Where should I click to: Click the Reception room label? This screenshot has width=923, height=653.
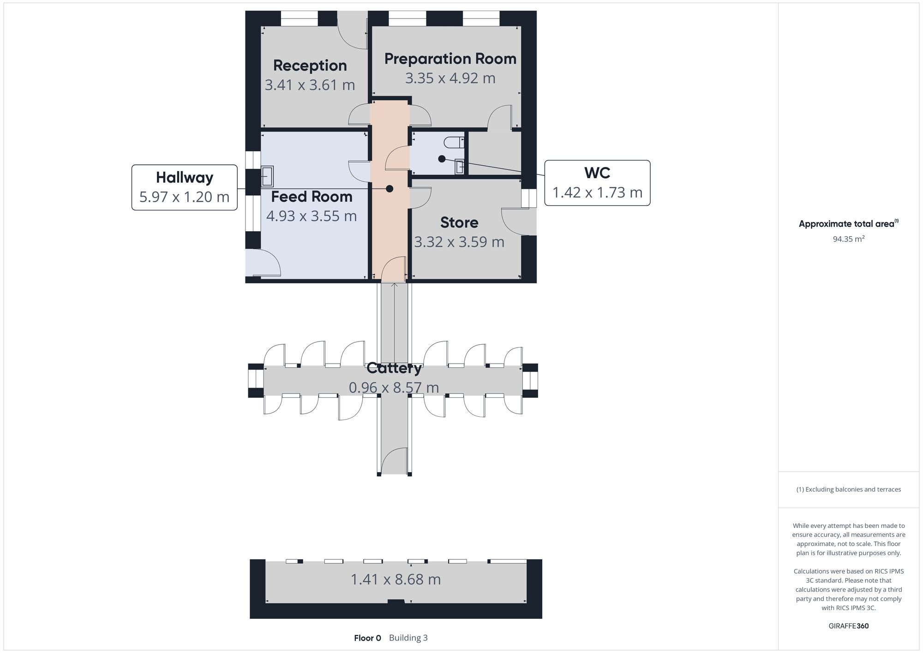(310, 66)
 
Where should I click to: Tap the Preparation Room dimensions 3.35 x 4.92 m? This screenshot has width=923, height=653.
(450, 78)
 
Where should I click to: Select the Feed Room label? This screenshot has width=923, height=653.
(312, 197)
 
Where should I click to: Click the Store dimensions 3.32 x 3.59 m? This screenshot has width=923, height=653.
(459, 242)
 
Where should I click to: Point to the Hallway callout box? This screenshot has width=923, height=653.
(185, 187)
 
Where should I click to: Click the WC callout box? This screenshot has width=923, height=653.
(597, 183)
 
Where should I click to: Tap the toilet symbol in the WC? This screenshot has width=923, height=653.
(455, 142)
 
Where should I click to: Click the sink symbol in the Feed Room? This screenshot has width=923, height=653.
(267, 176)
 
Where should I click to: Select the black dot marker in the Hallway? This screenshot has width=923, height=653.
(390, 189)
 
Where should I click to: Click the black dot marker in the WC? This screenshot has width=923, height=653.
(442, 159)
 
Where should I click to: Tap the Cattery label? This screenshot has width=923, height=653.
(394, 368)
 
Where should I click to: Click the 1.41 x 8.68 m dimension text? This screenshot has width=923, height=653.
(396, 579)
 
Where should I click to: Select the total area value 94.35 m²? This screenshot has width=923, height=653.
(848, 239)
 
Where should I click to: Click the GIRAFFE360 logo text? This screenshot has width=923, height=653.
(848, 626)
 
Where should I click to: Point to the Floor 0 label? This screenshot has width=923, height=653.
(367, 638)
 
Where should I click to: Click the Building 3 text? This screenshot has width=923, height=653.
(408, 638)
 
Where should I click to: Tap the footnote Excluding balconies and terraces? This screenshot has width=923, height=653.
(848, 490)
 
